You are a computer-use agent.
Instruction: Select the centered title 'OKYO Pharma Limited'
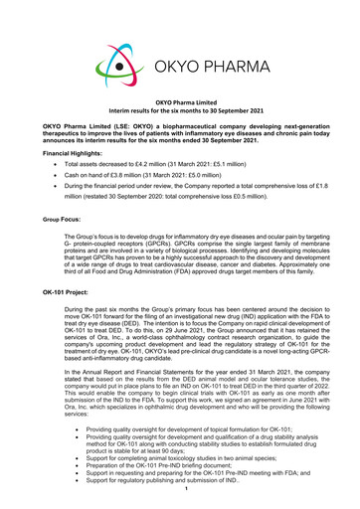[x=179, y=116]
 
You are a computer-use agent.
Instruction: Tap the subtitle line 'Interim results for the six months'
[x=179, y=125]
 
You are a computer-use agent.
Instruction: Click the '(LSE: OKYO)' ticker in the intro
[x=125, y=137]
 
